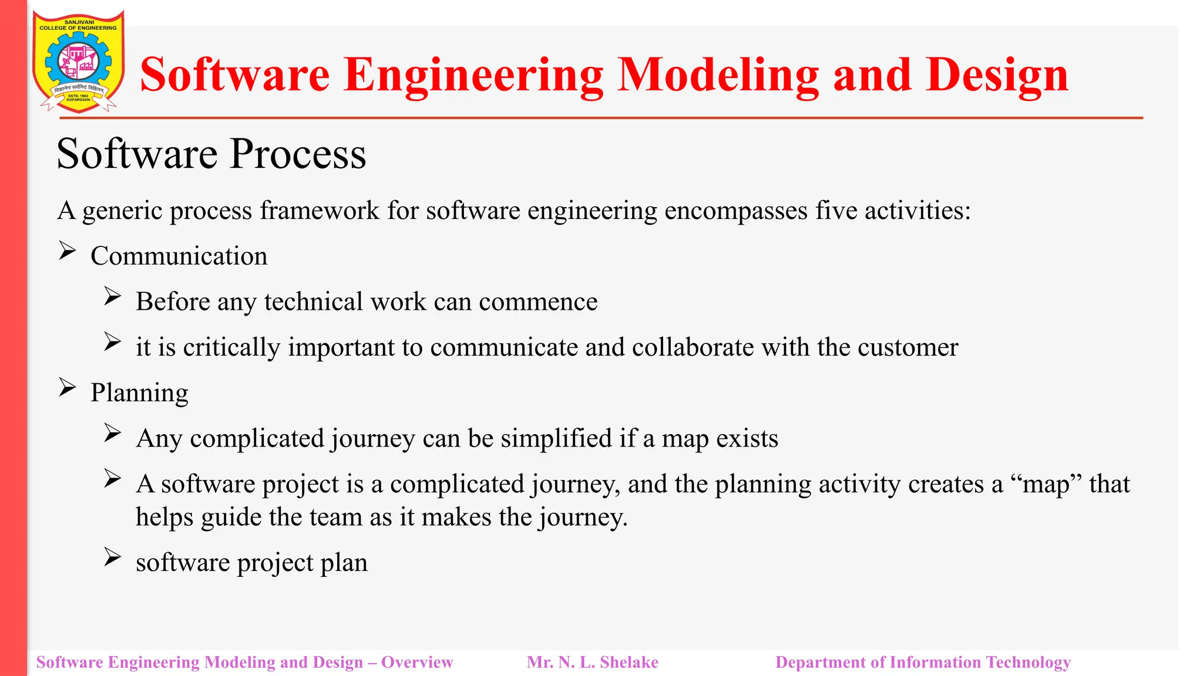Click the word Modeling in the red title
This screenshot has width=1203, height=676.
point(718,75)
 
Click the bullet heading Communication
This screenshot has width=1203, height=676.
point(179,256)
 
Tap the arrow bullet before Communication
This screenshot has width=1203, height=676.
point(67,251)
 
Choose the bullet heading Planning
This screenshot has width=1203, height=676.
point(139,393)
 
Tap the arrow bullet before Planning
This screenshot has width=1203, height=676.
point(67,388)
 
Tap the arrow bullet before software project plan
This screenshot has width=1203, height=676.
point(112,557)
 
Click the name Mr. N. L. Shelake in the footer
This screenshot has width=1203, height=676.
point(592,663)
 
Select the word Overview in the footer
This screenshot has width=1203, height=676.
point(417,663)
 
